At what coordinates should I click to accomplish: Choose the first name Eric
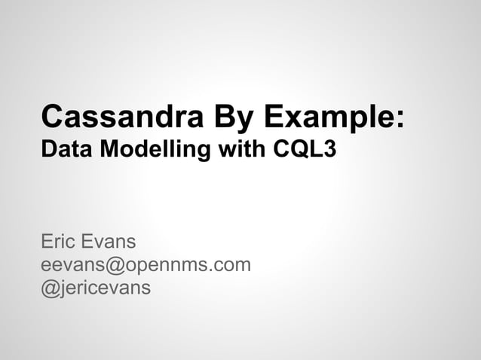coord(60,243)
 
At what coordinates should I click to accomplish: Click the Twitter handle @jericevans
coord(96,288)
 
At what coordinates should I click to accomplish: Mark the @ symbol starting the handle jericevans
coord(50,288)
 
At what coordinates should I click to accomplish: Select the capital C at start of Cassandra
coord(53,118)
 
